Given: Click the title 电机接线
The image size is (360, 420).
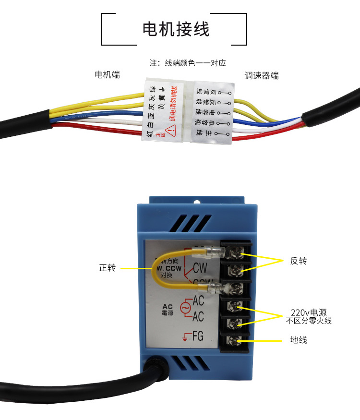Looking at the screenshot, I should click(176, 29).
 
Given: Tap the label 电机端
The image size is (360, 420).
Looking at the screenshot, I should click(107, 74).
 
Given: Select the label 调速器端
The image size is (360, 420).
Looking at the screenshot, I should click(261, 76).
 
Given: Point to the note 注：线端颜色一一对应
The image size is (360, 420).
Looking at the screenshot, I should click(188, 63).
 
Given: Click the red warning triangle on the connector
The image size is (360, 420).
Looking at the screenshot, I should click(169, 130).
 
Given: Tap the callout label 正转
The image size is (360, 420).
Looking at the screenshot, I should click(108, 268).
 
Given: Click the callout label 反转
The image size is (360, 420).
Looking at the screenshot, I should click(299, 261).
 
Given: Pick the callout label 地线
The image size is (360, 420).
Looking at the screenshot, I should click(299, 340).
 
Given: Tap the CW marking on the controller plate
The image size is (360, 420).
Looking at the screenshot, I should click(200, 268).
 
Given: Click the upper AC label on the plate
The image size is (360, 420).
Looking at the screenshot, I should click(198, 301).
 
